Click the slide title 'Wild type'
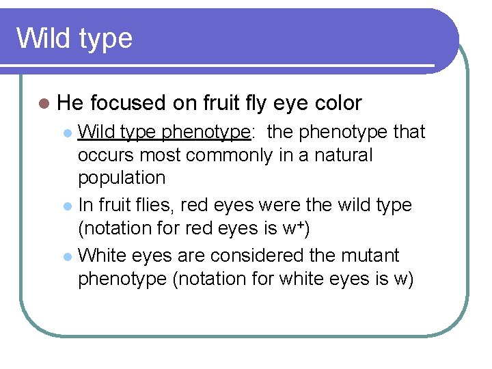tap(74, 38)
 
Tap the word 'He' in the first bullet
tap(70, 103)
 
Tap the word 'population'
tap(122, 178)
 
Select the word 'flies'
tap(154, 204)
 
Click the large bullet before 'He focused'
tap(44, 104)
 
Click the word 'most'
tap(162, 155)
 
